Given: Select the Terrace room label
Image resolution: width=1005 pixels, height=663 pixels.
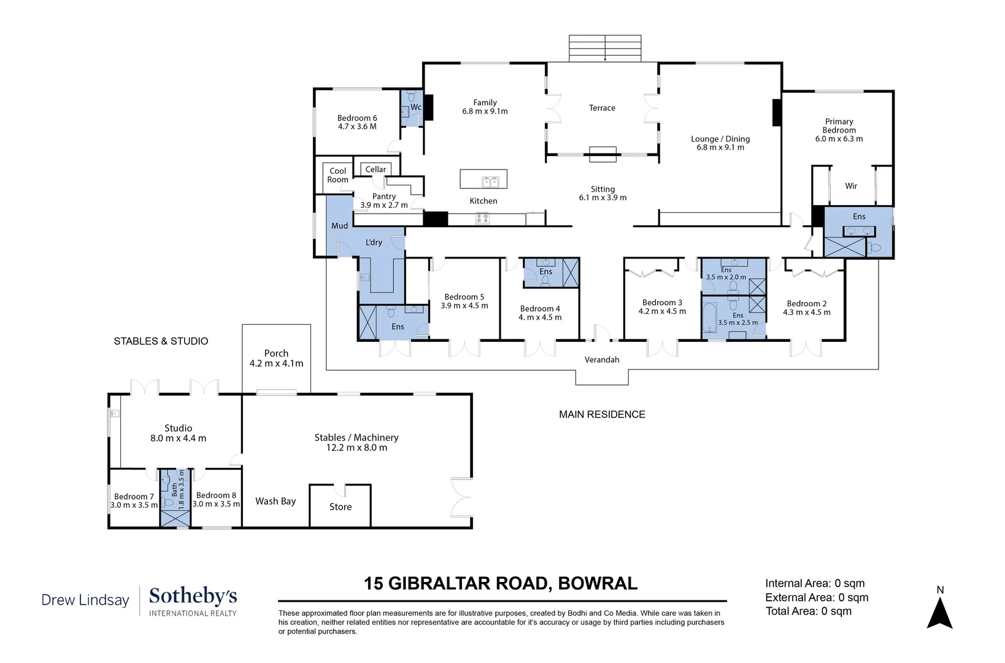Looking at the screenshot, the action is tap(602, 107).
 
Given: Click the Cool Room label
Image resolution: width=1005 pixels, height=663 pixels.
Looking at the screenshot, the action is tap(337, 175).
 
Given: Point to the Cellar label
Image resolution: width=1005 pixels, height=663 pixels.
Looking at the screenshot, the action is tap(375, 169).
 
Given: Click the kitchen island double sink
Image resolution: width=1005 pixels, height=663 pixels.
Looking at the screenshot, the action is tap(490, 182).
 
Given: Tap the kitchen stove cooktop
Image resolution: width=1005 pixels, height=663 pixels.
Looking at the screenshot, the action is tap(482, 219).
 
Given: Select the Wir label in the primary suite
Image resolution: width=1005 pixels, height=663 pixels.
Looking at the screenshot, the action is tap(850, 186).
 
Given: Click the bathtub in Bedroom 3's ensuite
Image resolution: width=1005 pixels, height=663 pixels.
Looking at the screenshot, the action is tap(710, 318).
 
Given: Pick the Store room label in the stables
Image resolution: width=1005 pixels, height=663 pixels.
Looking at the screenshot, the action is tap(341, 507).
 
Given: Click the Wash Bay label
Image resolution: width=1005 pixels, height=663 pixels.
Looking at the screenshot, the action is tap(275, 501).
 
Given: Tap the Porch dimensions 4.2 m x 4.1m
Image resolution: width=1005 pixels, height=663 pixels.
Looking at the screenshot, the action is tap(276, 363).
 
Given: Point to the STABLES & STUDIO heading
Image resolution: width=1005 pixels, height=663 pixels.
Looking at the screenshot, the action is tap(161, 341).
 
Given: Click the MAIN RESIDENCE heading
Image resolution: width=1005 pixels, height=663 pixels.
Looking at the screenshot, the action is tap(602, 414).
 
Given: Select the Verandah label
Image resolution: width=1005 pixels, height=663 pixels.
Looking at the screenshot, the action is tap(602, 360).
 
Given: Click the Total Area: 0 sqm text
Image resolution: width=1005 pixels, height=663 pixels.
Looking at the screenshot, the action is tap(808, 611).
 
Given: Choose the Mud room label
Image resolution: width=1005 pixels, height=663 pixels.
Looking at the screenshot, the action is tap(339, 226).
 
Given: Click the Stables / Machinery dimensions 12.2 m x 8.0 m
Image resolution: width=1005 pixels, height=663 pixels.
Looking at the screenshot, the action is tap(356, 448).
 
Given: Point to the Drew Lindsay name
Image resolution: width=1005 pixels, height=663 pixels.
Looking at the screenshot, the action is tap(85, 600).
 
